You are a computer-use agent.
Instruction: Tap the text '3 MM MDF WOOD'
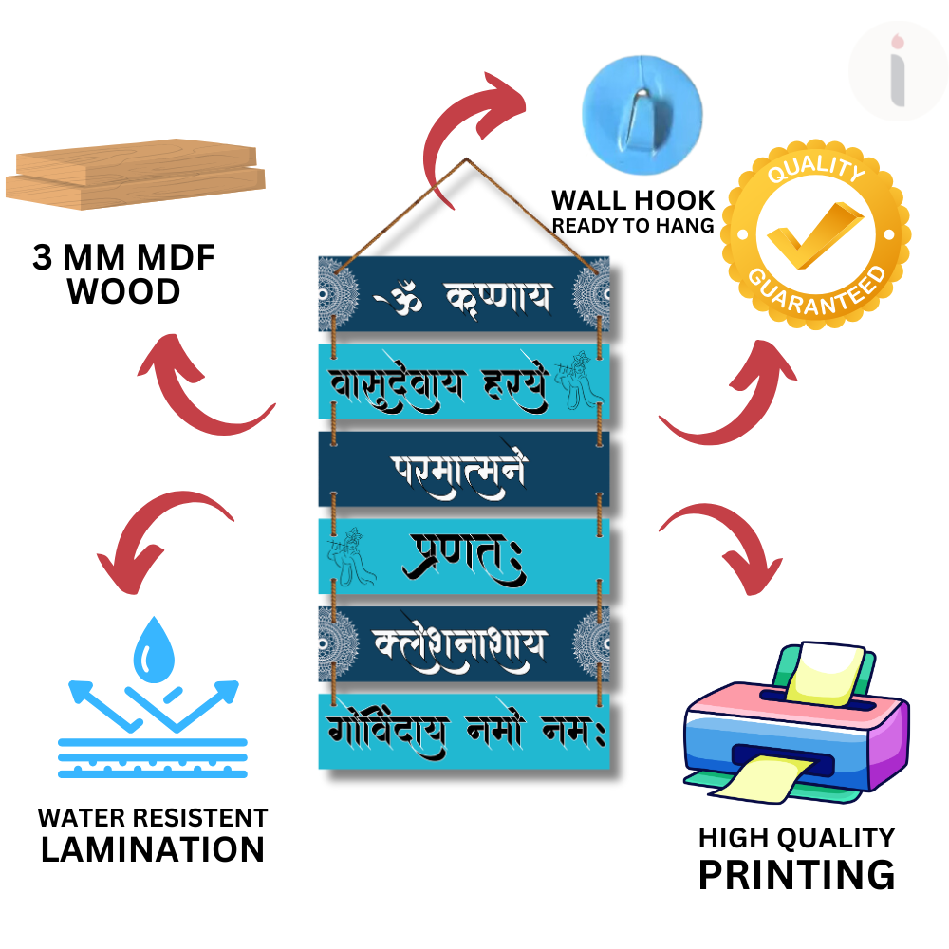[124, 274]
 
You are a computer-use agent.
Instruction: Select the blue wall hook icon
[642, 102]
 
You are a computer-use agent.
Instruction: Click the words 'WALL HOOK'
[633, 200]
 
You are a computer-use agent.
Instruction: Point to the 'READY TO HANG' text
[633, 226]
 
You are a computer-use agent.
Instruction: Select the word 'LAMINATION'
[153, 849]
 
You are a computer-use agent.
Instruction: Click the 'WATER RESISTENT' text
[153, 817]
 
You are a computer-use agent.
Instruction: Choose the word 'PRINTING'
[796, 874]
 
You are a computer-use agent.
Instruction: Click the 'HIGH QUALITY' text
[796, 838]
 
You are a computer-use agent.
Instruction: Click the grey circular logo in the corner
[896, 72]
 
